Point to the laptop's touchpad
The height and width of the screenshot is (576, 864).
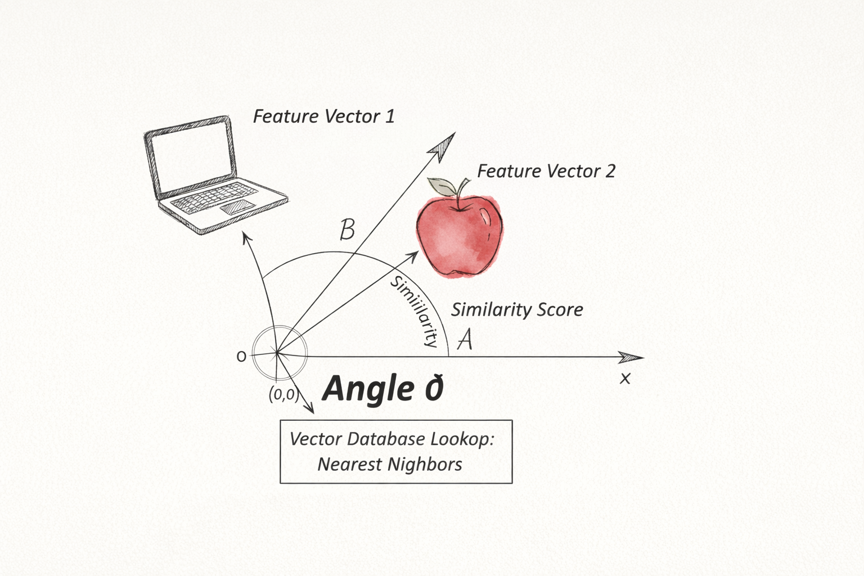pos(236,206)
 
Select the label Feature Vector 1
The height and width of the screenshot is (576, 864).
pos(323,116)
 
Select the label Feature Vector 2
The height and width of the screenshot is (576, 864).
pos(546,171)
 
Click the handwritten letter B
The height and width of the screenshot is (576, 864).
pos(348,229)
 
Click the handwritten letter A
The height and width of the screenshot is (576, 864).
pos(465,340)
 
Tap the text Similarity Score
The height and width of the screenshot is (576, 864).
pos(517,309)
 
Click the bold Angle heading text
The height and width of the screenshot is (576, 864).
pos(382,389)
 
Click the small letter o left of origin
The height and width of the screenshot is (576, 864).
pos(241,356)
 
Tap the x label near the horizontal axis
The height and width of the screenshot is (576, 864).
pos(625,379)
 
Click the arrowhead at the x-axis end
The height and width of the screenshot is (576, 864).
pos(633,357)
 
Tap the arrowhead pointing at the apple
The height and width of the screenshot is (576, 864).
pos(412,256)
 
